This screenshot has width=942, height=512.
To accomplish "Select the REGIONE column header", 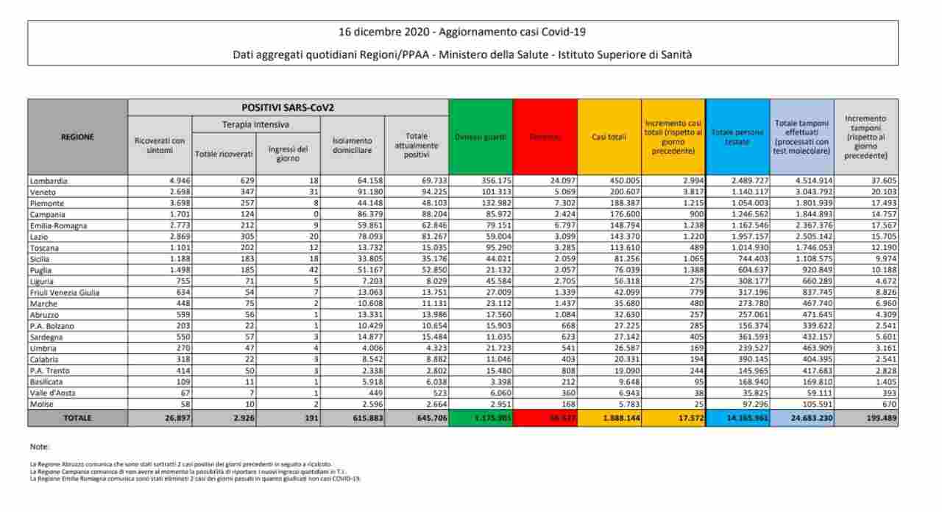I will [77, 136].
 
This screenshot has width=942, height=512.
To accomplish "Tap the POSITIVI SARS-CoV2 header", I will [288, 107].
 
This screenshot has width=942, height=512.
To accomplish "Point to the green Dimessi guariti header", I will [481, 137].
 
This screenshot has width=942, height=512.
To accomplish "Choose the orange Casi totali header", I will [609, 137].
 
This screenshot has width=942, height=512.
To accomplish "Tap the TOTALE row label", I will [77, 417].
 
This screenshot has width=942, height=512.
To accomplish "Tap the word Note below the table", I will [40, 446].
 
